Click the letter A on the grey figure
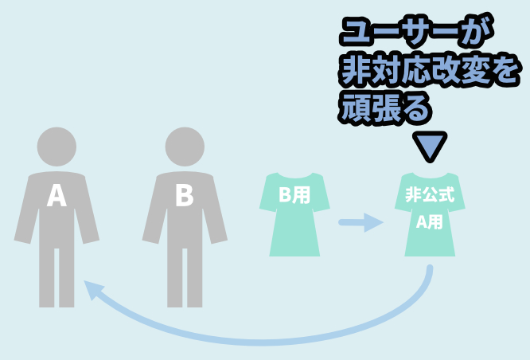point(57,195)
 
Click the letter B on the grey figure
point(185,195)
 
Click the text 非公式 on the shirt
point(430,194)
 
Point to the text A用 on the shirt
point(430,222)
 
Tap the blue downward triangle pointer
point(430,146)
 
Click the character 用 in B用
point(302,195)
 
